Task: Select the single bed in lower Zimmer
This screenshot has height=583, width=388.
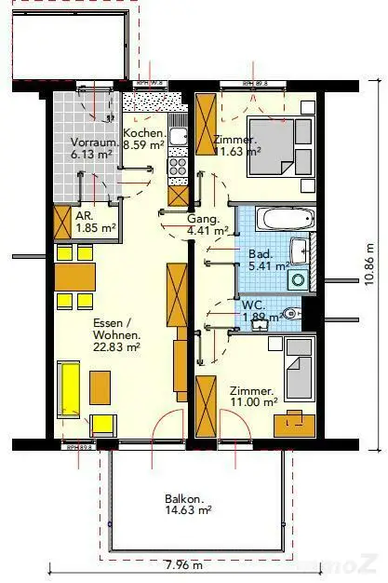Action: click(x=300, y=366)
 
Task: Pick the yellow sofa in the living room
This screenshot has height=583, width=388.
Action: click(x=69, y=388)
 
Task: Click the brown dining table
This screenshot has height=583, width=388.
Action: click(x=74, y=277)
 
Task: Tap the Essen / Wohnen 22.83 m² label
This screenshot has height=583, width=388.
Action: click(x=116, y=335)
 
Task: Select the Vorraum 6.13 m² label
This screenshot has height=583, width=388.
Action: click(x=93, y=149)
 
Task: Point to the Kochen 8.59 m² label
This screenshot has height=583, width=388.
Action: click(x=144, y=140)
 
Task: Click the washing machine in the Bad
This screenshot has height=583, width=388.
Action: click(x=299, y=278)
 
